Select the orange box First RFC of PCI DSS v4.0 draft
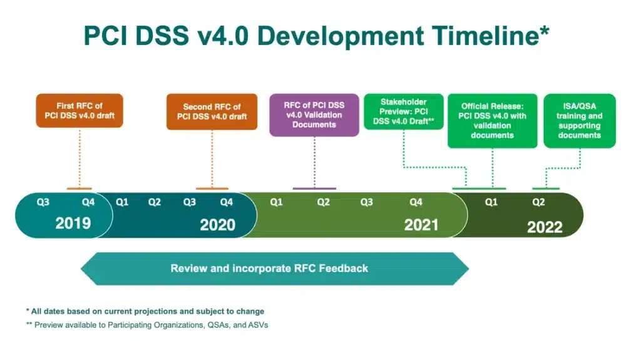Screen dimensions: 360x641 tap(79, 111)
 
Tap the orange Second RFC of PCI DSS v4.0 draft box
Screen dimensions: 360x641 tap(212, 111)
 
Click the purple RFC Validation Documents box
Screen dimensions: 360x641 tap(314, 115)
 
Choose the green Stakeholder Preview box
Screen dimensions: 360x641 tap(403, 111)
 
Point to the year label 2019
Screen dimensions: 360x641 tap(73, 223)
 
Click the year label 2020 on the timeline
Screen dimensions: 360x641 tap(217, 224)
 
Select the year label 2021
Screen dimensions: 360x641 tap(421, 224)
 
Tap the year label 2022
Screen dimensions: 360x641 tap(545, 227)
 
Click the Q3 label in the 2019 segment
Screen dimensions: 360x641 tap(43, 202)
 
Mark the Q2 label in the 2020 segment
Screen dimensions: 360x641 tap(155, 202)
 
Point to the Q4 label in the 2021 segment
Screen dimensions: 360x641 tap(416, 202)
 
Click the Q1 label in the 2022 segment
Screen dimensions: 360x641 tap(491, 202)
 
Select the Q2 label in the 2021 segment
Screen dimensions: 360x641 tap(323, 202)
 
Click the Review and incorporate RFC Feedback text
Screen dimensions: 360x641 tap(269, 269)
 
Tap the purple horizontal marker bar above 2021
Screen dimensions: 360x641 tap(314, 188)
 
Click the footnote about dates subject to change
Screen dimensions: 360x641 tap(145, 311)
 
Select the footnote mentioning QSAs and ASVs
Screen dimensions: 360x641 tap(146, 325)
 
